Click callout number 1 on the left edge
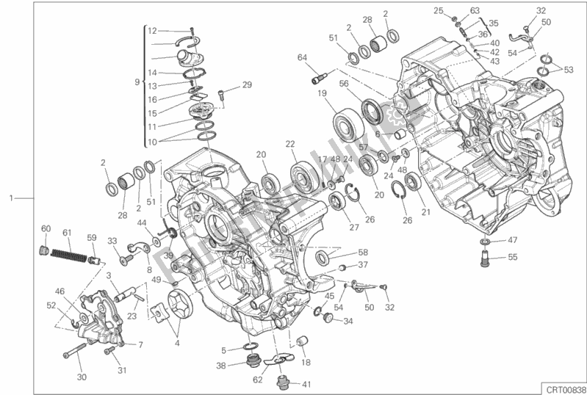pyautogui.click(x=10, y=198)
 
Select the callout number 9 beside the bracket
pyautogui.click(x=137, y=82)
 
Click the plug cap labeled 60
pyautogui.click(x=44, y=250)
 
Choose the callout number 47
pyautogui.click(x=513, y=240)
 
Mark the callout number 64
pyautogui.click(x=302, y=57)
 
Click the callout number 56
pyautogui.click(x=343, y=84)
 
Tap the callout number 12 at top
pyautogui.click(x=152, y=31)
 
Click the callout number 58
pyautogui.click(x=362, y=252)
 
